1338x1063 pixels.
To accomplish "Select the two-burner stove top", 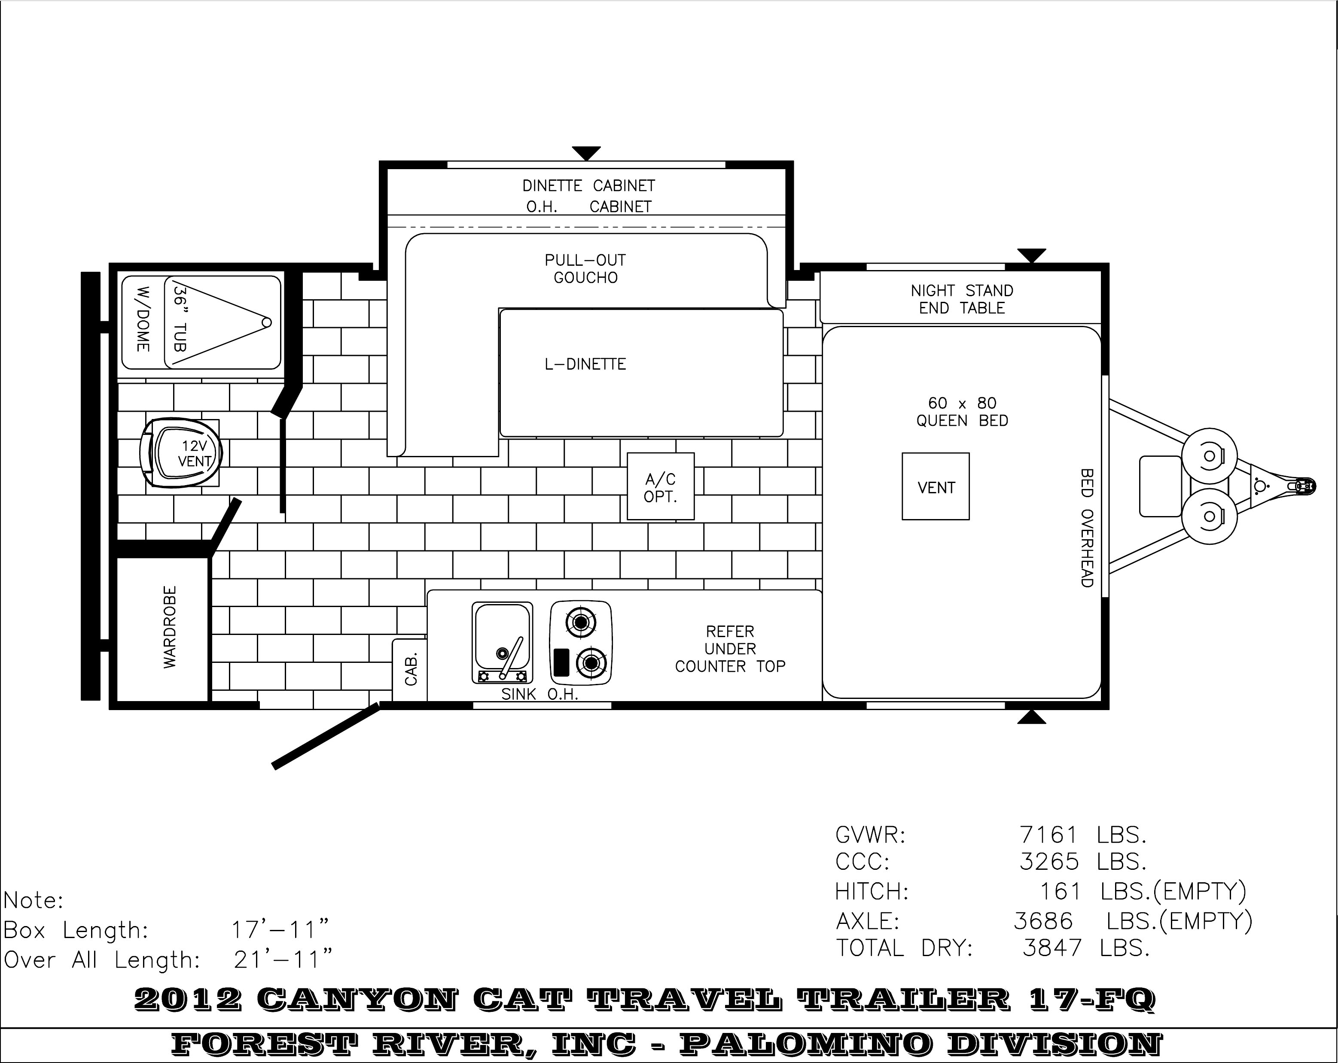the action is [x=581, y=643].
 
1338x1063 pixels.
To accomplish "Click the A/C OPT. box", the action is [x=660, y=486].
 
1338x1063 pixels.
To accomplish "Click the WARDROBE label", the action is [x=169, y=627].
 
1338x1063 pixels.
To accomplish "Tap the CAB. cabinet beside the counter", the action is [x=410, y=670].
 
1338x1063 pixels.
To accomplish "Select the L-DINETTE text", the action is [x=585, y=364].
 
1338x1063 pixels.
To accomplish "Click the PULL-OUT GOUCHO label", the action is [x=585, y=269].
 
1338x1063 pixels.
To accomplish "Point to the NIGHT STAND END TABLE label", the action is [x=962, y=299].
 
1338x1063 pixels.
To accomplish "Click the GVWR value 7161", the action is [x=1049, y=835].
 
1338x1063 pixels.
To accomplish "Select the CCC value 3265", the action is [x=1049, y=862].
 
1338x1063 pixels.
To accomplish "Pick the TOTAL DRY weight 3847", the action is [x=1052, y=948].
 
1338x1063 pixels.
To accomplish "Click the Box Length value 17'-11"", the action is [x=280, y=929].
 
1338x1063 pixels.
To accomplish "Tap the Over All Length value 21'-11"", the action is [x=283, y=960].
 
